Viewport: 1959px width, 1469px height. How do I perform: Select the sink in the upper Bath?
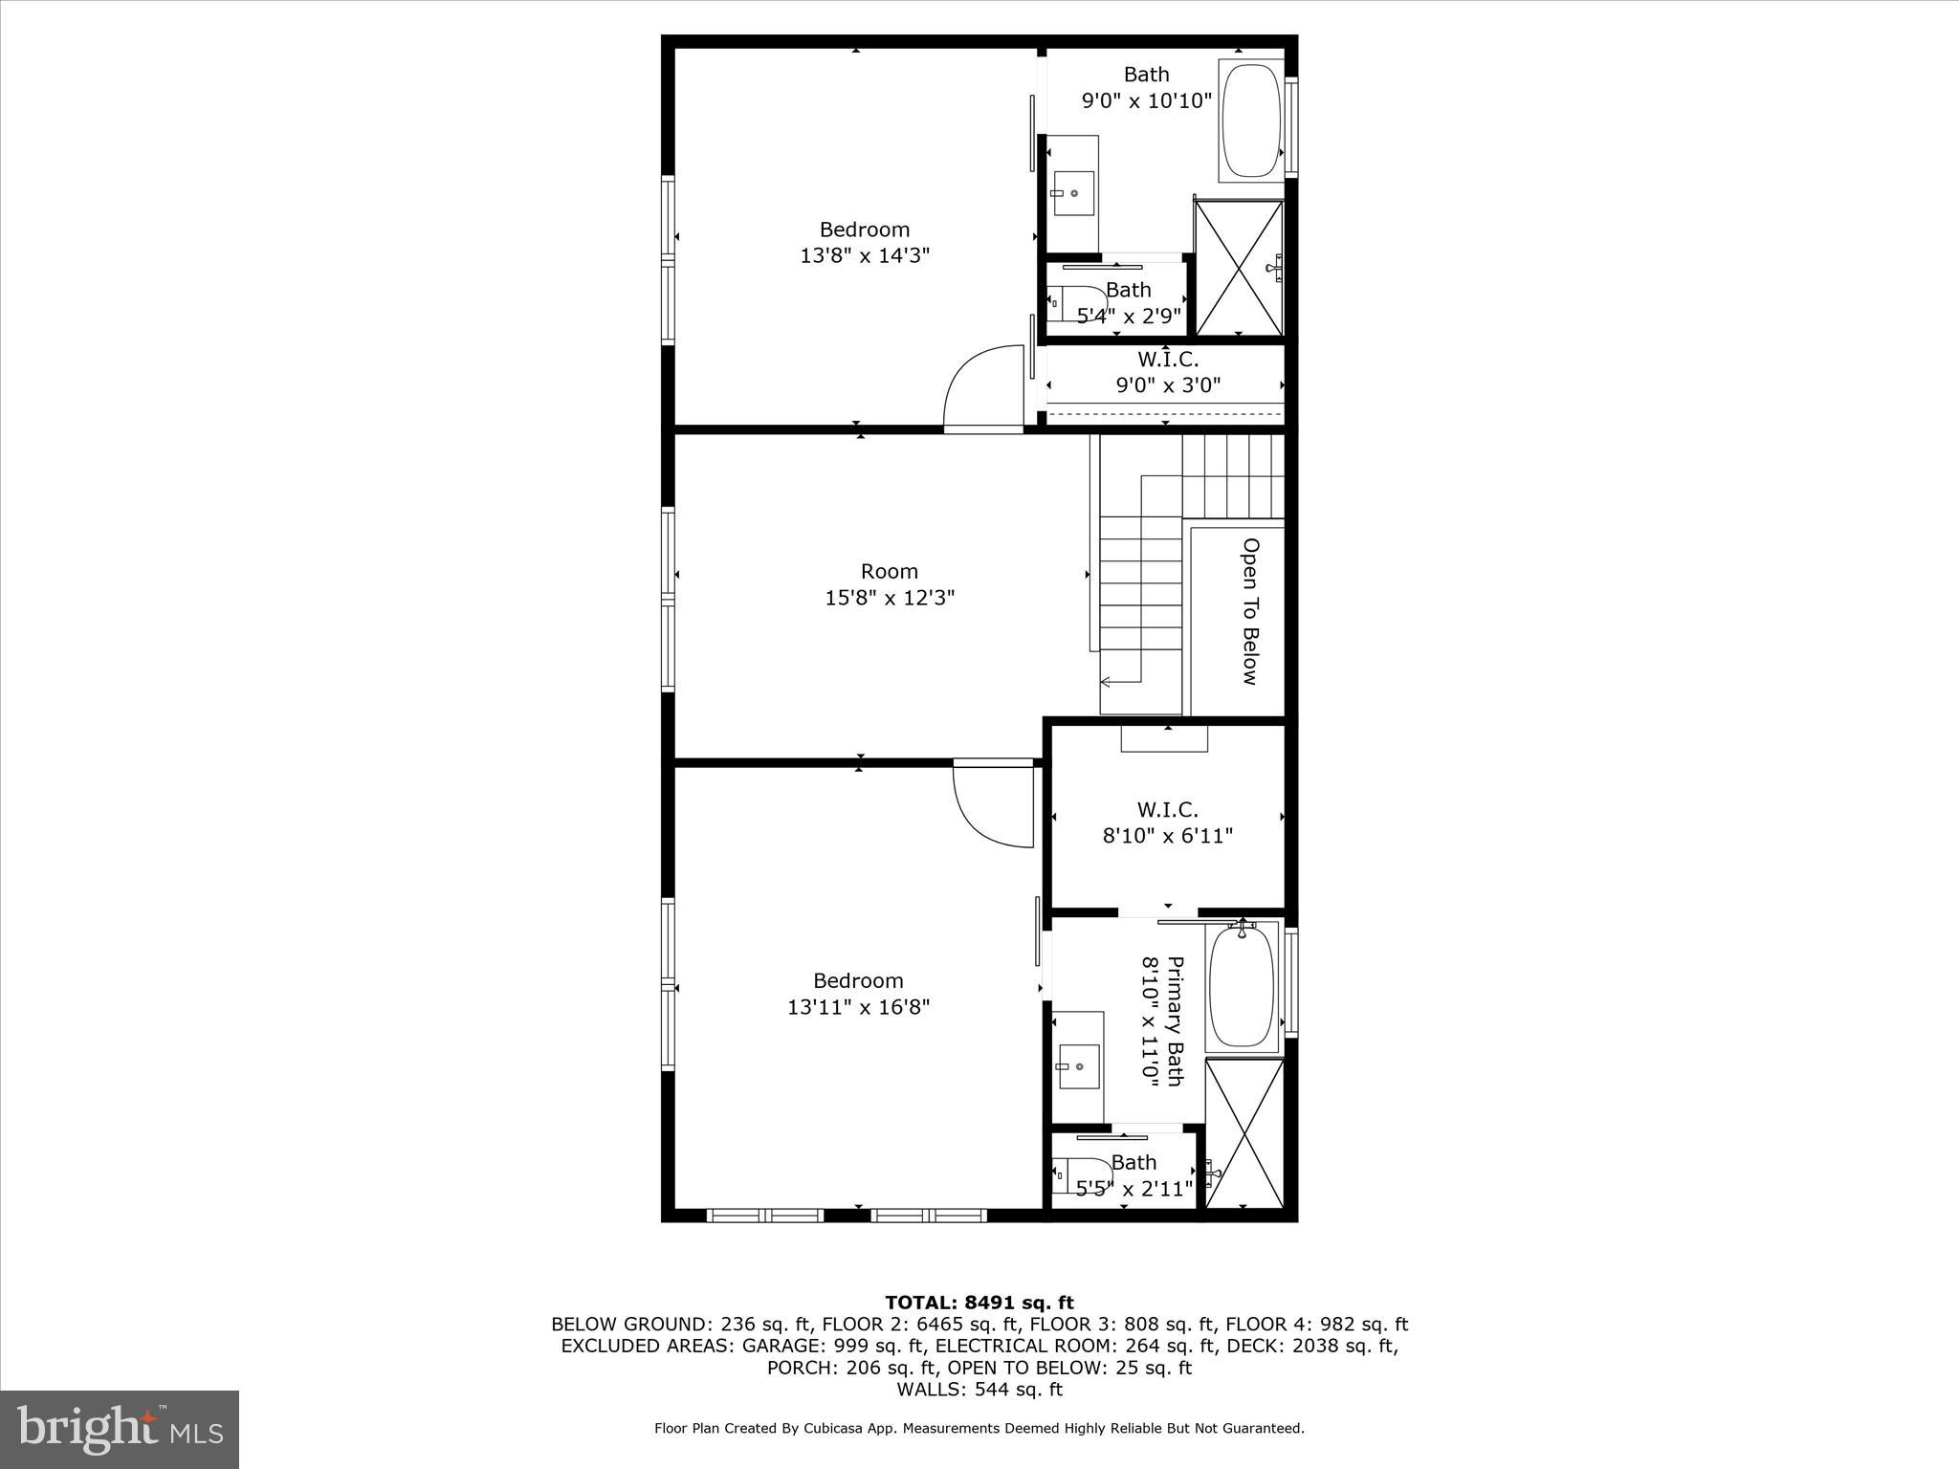[x=1073, y=194]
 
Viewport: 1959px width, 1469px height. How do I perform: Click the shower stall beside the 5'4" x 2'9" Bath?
[x=1239, y=268]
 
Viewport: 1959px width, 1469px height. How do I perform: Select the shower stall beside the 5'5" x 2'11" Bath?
[x=1244, y=1133]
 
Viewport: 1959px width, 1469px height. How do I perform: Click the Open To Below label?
[x=1249, y=611]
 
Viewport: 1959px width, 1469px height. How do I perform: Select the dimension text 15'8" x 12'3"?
[x=890, y=599]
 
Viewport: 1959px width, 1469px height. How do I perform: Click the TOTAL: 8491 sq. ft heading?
[x=979, y=1303]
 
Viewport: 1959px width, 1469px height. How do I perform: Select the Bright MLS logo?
[x=120, y=1429]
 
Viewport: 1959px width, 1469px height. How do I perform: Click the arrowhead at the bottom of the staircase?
[x=1106, y=682]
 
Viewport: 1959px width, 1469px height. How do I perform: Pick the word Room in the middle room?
[x=890, y=571]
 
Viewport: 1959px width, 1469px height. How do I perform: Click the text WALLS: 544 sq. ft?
[x=979, y=1390]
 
